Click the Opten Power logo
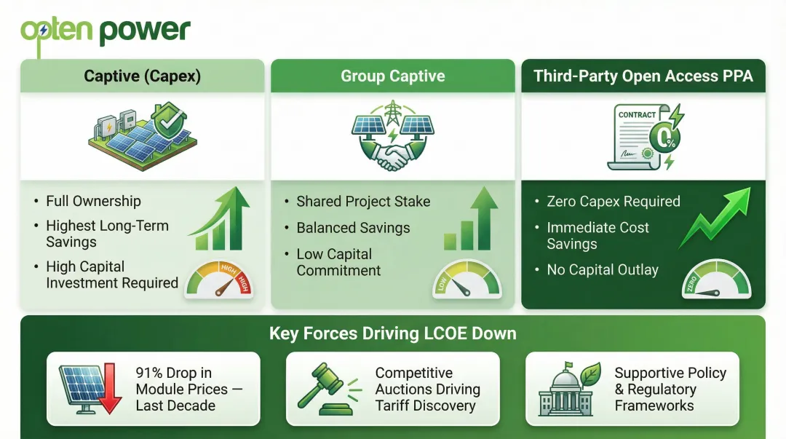pyautogui.click(x=106, y=31)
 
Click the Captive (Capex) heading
pyautogui.click(x=142, y=76)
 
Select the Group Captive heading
pyautogui.click(x=392, y=76)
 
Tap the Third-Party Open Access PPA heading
pyautogui.click(x=643, y=76)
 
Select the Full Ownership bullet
pyautogui.click(x=93, y=201)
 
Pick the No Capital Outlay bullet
pyautogui.click(x=602, y=269)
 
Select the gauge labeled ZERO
pyautogui.click(x=715, y=282)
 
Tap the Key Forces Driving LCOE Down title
pyautogui.click(x=392, y=334)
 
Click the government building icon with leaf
pyautogui.click(x=568, y=389)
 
